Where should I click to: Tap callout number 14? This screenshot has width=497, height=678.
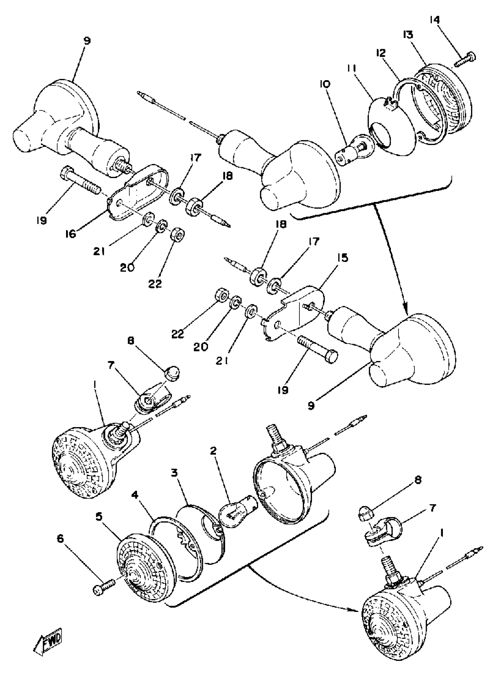pyautogui.click(x=434, y=21)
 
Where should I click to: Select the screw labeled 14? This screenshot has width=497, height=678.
pyautogui.click(x=465, y=60)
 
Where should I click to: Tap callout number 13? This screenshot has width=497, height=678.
pyautogui.click(x=408, y=35)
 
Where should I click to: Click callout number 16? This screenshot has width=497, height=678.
pyautogui.click(x=71, y=234)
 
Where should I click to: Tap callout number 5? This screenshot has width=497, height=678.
pyautogui.click(x=100, y=517)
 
